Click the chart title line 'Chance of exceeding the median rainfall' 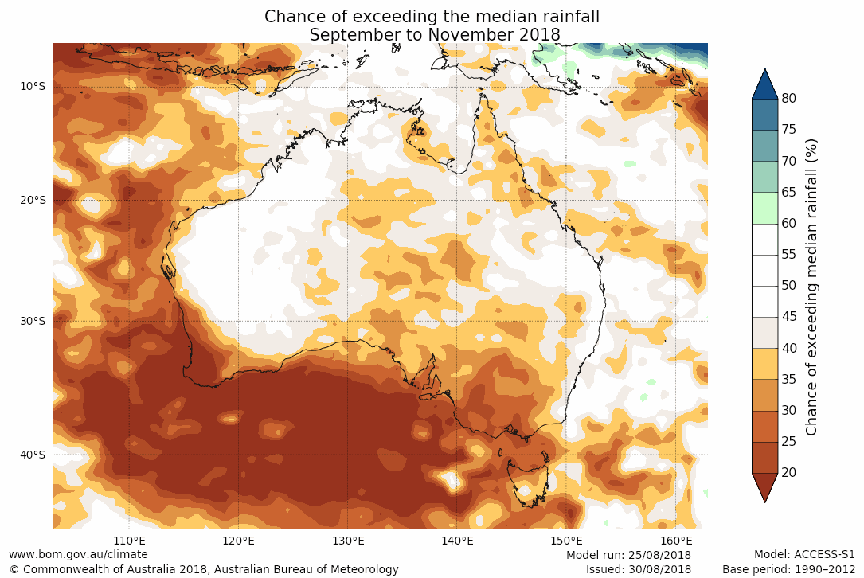click(x=432, y=17)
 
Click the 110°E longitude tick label click(x=129, y=541)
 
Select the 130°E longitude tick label click(x=348, y=541)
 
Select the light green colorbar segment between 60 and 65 click(x=764, y=208)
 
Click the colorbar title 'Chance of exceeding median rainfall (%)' click(x=812, y=286)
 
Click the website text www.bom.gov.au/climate click(x=78, y=554)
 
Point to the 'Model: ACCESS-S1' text click(x=804, y=554)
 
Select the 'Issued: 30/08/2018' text click(x=638, y=569)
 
